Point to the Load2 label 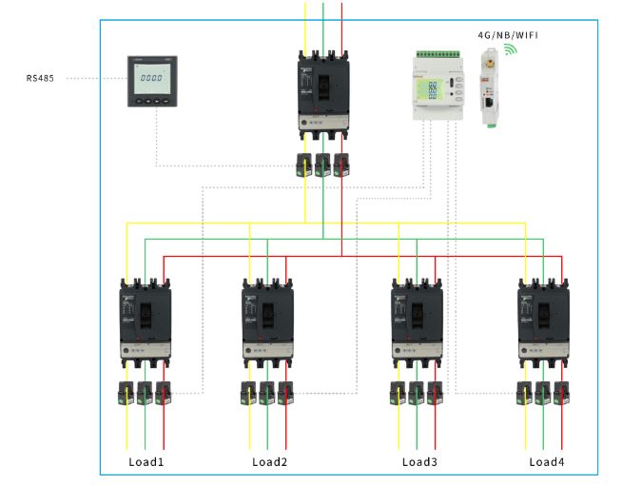(269, 461)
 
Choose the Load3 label (418, 461)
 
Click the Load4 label (546, 461)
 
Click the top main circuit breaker (323, 95)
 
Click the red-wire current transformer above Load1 (164, 393)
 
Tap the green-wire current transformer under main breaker (323, 163)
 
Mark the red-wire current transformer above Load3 (437, 393)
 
